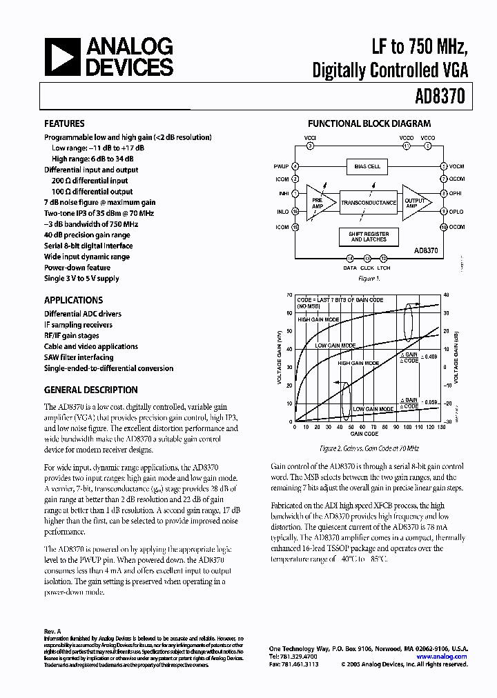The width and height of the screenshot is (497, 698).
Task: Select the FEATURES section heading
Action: pos(64,124)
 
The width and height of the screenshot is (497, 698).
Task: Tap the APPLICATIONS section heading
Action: pos(73,300)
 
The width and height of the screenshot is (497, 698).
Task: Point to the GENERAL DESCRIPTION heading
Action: pos(90,390)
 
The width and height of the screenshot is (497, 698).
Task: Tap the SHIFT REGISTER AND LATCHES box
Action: pos(369,237)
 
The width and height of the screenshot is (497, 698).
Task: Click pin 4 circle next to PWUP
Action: pos(295,166)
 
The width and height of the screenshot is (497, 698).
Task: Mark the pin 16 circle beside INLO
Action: pos(295,212)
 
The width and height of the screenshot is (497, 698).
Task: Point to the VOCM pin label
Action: pos(457,166)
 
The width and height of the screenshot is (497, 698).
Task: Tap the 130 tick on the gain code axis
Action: pos(441,428)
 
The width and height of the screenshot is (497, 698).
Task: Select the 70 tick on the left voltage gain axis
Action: pos(289,295)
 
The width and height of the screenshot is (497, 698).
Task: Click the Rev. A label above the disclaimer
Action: pos(52,631)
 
